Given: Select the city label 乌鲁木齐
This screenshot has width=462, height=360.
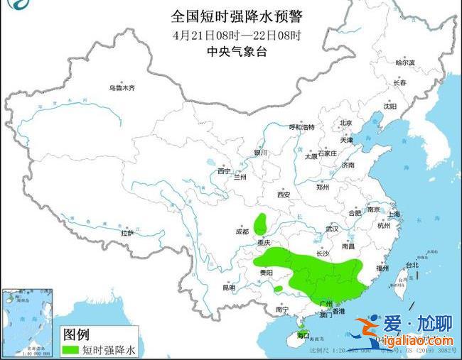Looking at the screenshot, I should click(122, 88).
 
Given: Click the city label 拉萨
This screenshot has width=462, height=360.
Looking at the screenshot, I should click(127, 232).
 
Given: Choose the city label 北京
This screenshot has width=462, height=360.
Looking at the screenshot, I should click(345, 123).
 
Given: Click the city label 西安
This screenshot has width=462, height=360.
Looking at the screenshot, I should click(284, 194).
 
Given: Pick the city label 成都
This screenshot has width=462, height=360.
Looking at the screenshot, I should click(242, 231).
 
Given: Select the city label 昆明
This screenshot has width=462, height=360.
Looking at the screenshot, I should click(228, 288).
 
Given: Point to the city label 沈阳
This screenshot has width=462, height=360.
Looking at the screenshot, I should click(390, 107).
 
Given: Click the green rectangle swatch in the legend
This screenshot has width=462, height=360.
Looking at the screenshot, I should click(70, 349).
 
